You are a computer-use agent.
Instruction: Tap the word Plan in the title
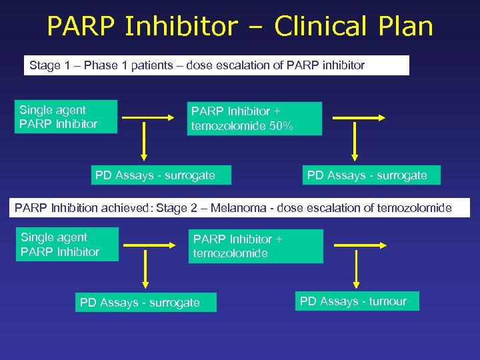pyautogui.click(x=404, y=27)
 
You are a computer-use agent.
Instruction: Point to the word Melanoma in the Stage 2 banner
pyautogui.click(x=242, y=208)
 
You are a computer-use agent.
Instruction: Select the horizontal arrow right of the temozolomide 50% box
pyautogui.click(x=359, y=118)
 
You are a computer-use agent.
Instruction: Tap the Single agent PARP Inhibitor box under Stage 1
pyautogui.click(x=67, y=117)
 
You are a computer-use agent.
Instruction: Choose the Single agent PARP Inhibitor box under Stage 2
pyautogui.click(x=68, y=244)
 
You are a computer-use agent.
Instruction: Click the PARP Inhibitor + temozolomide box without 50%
pyautogui.click(x=255, y=246)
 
